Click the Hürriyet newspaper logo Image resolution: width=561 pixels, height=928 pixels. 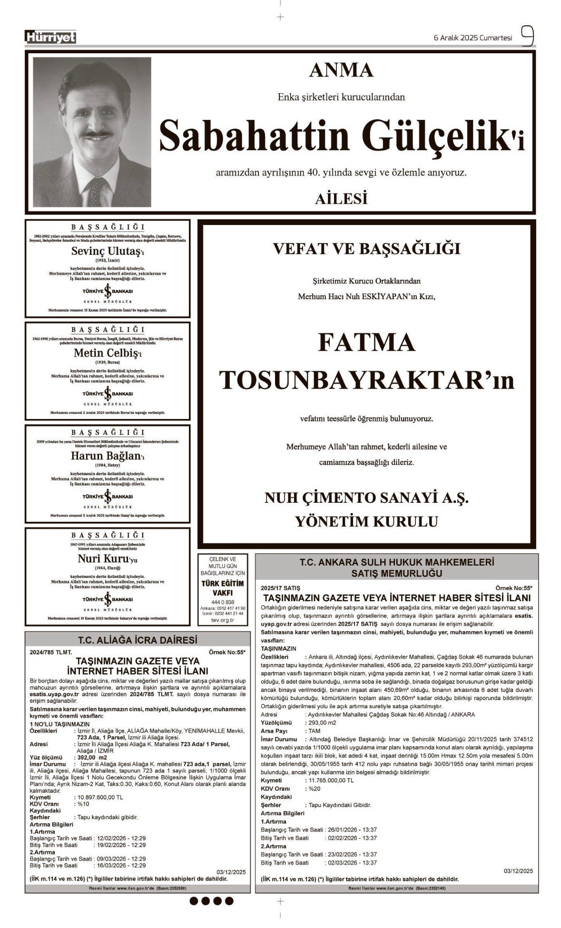point(50,37)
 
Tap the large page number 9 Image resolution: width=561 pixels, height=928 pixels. point(527,36)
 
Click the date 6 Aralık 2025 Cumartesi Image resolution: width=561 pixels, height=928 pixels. point(473,38)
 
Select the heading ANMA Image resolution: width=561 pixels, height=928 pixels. point(341,71)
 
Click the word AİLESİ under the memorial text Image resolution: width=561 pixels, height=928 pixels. point(341,199)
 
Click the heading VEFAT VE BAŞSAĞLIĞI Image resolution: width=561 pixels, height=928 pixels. point(366,249)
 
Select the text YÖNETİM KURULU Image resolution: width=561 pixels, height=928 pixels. point(366,522)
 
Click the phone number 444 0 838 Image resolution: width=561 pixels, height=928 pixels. point(223,602)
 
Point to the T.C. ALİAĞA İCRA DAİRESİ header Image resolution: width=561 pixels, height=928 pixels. point(138,640)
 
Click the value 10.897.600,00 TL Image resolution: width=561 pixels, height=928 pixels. point(99,797)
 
